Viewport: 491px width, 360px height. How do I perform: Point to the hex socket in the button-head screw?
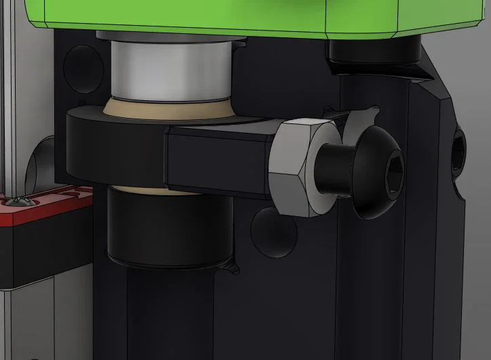[x=393, y=167]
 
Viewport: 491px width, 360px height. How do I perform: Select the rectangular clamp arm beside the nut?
[x=217, y=159]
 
